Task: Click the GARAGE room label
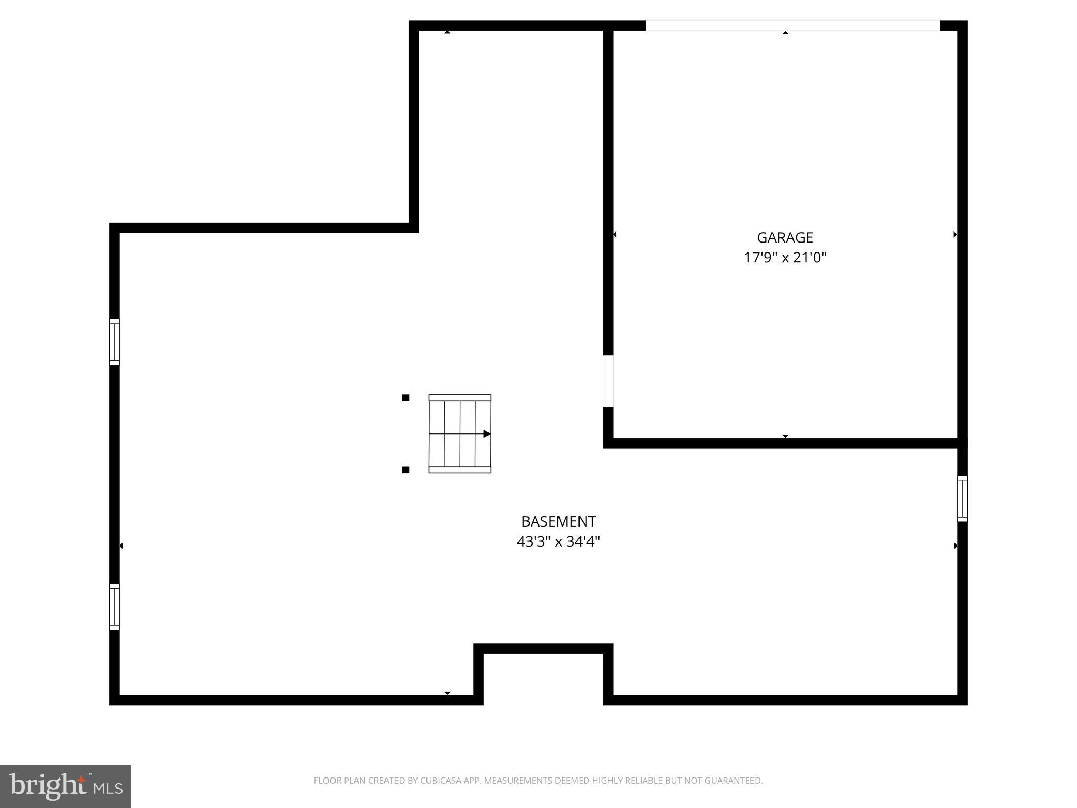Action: [x=785, y=237]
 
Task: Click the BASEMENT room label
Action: [x=558, y=521]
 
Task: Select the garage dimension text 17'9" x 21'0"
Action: [x=785, y=258]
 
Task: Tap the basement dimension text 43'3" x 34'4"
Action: [x=558, y=541]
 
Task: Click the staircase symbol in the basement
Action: [x=460, y=433]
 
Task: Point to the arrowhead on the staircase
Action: [x=487, y=434]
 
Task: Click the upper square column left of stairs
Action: [x=405, y=398]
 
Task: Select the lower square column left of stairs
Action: [x=405, y=470]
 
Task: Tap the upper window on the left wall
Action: [x=115, y=342]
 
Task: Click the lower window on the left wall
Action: [x=115, y=607]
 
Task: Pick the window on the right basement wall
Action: [x=962, y=499]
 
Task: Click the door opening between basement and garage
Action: [x=608, y=381]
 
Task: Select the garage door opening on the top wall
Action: [x=792, y=25]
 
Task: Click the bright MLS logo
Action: [x=66, y=786]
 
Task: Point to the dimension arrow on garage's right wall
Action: [x=955, y=235]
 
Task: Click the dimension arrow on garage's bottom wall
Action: [x=785, y=436]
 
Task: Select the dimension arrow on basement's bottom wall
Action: [x=447, y=693]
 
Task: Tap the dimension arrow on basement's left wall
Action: [x=121, y=546]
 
